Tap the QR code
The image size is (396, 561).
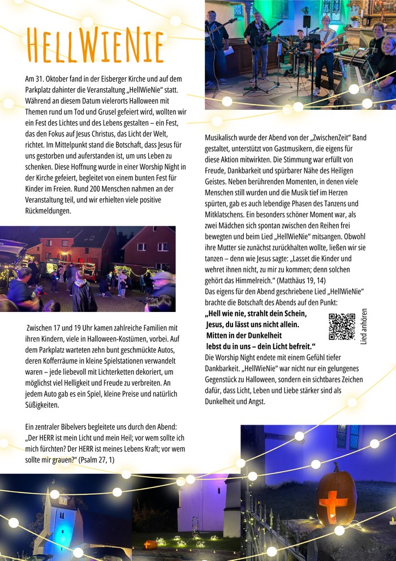click(342, 326)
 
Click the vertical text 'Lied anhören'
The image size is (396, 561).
click(364, 327)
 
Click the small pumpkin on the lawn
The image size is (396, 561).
click(150, 544)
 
